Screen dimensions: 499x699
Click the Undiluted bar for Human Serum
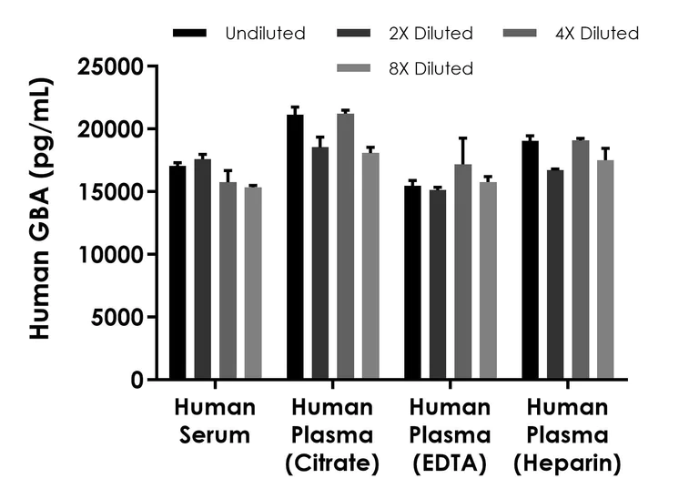click(177, 272)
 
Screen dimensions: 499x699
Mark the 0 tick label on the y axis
click(137, 380)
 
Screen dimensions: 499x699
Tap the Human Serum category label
click(214, 421)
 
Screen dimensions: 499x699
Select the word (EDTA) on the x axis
click(451, 464)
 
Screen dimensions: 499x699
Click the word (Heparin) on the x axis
click(567, 464)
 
